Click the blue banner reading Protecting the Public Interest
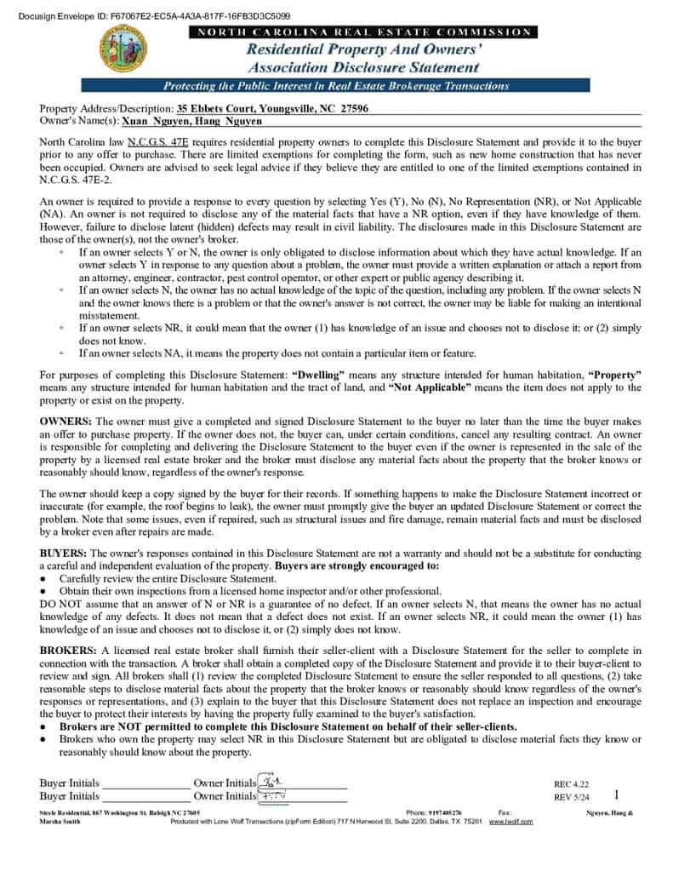tap(335, 86)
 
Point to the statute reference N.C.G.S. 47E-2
tap(74, 180)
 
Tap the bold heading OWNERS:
tap(66, 422)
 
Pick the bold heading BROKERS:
tap(69, 650)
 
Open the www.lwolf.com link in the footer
tap(510, 822)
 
